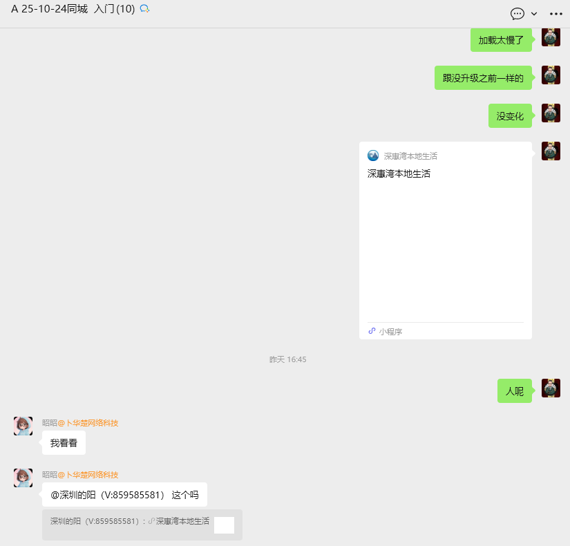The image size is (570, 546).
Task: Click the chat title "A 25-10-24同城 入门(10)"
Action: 73,9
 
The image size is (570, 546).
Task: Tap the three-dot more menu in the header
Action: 556,14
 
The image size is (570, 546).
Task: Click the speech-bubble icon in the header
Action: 517,14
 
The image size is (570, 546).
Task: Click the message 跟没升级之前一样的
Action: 483,78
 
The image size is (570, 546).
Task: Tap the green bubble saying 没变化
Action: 510,116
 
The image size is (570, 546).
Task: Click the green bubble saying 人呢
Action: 514,391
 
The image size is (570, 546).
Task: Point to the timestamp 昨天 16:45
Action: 287,359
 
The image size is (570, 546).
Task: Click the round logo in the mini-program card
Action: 373,156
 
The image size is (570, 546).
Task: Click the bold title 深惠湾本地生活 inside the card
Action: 399,173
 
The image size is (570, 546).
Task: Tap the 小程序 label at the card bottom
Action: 390,332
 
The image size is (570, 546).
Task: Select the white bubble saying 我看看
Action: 64,443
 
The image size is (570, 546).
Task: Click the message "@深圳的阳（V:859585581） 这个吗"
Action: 124,495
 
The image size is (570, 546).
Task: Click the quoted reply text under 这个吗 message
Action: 129,521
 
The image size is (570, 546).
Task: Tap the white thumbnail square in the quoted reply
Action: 224,525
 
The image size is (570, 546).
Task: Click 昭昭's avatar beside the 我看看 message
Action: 23,426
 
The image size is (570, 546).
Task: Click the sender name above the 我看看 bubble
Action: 80,423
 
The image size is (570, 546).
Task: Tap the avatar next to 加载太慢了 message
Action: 551,37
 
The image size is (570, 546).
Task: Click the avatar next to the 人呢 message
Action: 551,388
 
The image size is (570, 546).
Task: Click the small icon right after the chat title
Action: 144,9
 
